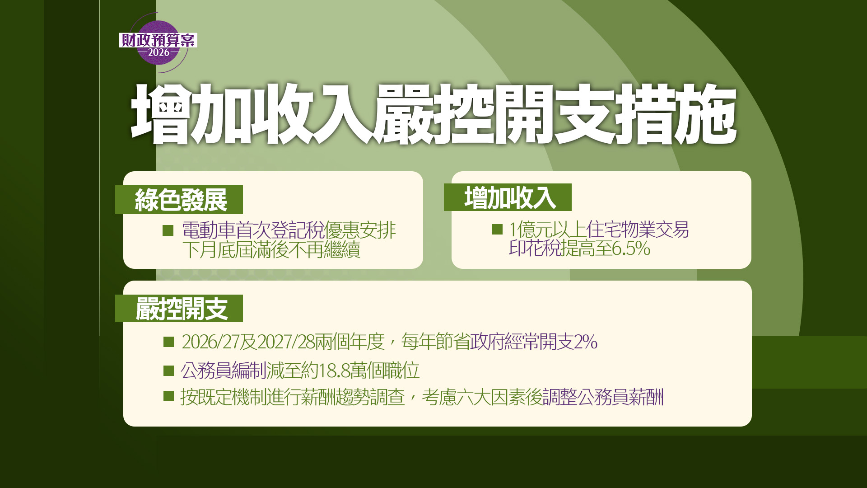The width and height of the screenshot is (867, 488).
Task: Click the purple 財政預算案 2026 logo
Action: point(158,43)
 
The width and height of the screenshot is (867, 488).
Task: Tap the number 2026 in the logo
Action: point(158,52)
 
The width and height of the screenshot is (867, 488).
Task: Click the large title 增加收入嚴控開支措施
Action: point(433,114)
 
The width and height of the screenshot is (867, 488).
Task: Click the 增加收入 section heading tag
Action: point(508,197)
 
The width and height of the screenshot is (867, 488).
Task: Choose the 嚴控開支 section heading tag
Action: point(179,308)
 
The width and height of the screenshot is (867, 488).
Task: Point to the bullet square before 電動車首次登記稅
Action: point(168,230)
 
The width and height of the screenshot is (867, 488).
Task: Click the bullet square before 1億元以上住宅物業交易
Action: point(497,229)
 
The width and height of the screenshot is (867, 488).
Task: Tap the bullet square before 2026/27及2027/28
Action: point(168,342)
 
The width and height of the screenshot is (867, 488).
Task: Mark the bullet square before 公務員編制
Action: point(168,371)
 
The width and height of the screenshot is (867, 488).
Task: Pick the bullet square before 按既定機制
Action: point(168,396)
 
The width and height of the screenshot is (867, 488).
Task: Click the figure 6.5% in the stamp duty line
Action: point(631,249)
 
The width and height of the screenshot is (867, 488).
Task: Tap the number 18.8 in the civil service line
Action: point(334,371)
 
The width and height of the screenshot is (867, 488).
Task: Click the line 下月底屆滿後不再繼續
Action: point(271,249)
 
